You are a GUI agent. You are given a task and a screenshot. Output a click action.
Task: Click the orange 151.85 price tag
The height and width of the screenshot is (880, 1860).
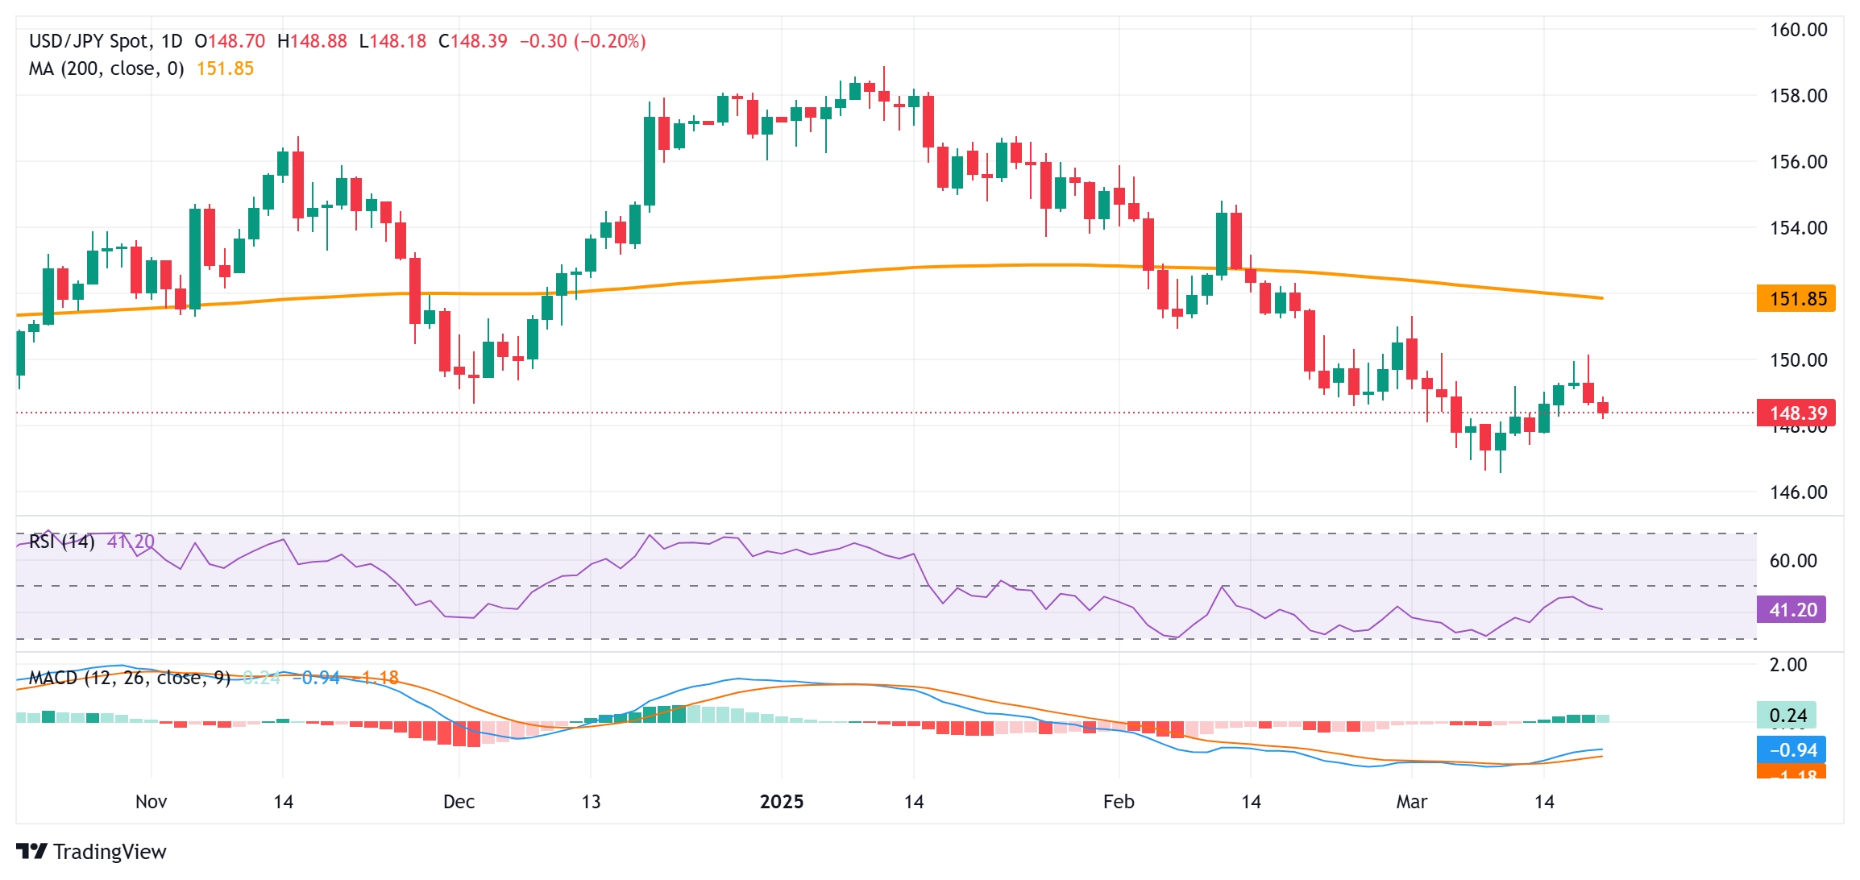point(1796,299)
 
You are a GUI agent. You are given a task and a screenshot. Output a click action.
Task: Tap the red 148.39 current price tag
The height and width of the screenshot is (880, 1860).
point(1796,413)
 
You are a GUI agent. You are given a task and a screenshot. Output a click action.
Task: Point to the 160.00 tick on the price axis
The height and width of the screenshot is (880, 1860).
point(1798,30)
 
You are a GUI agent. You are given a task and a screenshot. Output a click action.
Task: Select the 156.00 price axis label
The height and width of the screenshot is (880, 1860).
point(1798,162)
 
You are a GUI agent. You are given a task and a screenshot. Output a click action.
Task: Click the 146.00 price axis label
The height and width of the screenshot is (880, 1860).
point(1798,492)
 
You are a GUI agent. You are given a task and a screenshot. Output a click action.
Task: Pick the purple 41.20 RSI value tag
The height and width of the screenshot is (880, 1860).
point(1791,610)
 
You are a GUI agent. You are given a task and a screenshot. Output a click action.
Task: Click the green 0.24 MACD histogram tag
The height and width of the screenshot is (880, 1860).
point(1787,716)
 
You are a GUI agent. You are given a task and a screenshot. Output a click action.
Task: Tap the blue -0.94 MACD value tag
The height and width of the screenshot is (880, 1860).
point(1791,750)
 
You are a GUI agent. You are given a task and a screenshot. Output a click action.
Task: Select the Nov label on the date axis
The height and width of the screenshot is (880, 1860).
point(151,802)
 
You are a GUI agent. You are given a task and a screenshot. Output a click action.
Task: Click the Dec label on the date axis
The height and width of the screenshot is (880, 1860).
point(459,802)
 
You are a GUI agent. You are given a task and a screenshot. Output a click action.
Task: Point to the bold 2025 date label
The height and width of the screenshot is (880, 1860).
point(782,802)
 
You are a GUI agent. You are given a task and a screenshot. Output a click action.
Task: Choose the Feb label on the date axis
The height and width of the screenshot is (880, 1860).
point(1119,802)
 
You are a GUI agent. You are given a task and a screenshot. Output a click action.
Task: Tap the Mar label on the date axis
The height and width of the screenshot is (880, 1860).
point(1411,802)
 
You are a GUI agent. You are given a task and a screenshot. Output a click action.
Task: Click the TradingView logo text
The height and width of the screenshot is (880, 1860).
point(110,852)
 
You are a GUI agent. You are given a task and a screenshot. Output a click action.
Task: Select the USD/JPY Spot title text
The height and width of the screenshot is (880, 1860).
point(89,41)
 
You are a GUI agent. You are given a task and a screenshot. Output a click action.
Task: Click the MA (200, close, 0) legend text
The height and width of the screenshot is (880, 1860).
point(106,69)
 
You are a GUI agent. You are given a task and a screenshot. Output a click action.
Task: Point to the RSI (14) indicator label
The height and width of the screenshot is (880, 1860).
point(61,542)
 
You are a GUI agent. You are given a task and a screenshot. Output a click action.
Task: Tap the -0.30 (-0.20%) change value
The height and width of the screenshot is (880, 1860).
point(583,41)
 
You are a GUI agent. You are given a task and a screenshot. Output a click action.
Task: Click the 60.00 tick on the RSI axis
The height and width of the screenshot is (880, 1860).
point(1793,561)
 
